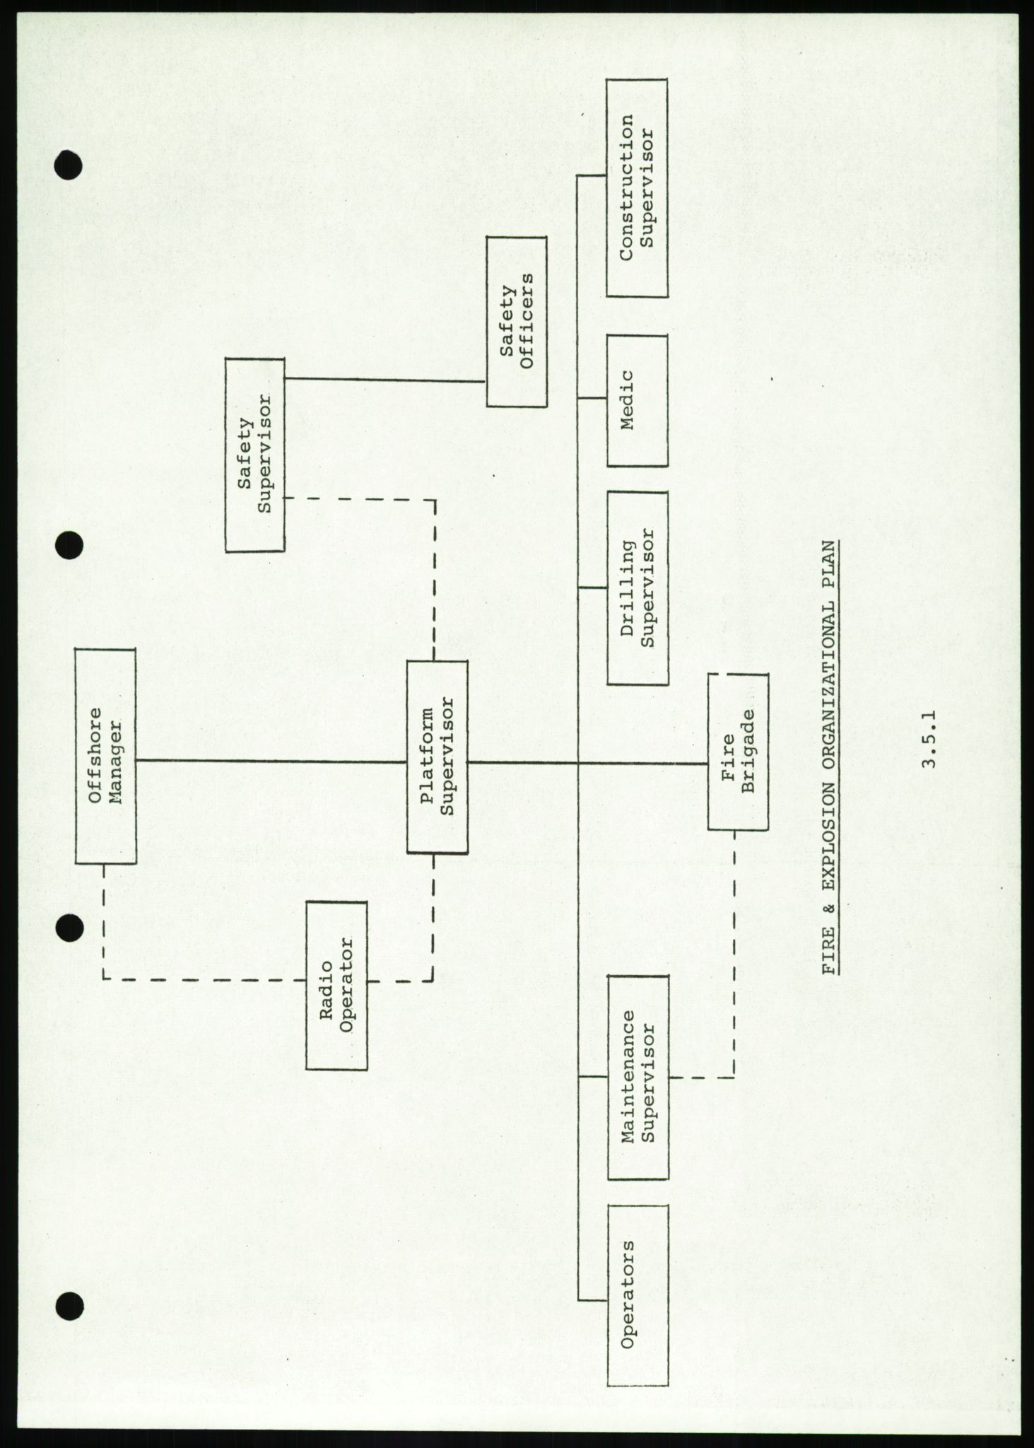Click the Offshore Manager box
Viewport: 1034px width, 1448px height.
pyautogui.click(x=105, y=757)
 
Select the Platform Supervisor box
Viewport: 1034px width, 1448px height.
pyautogui.click(x=437, y=757)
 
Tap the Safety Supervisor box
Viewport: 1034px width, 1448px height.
pyautogui.click(x=255, y=455)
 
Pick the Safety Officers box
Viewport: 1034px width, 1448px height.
pyautogui.click(x=517, y=322)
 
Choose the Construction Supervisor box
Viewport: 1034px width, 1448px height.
pyautogui.click(x=637, y=188)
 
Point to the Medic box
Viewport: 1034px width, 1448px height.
pyautogui.click(x=637, y=400)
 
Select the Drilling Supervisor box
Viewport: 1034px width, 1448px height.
pyautogui.click(x=637, y=588)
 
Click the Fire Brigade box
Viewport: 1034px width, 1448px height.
pyautogui.click(x=738, y=752)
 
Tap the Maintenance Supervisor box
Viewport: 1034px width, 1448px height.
pyautogui.click(x=637, y=1076)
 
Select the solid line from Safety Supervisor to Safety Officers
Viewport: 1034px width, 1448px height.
pyautogui.click(x=385, y=380)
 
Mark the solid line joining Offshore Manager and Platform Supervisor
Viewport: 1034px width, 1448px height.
pyautogui.click(x=271, y=761)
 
